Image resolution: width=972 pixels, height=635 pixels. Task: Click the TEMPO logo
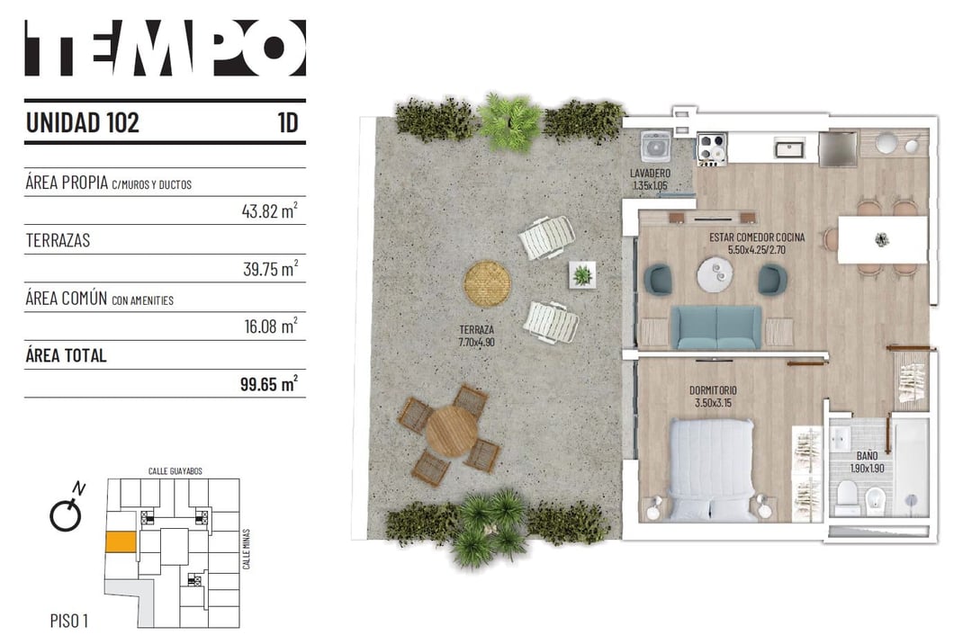click(165, 48)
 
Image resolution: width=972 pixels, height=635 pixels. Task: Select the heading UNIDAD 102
click(83, 122)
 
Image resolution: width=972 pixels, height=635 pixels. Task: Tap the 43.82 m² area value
click(270, 210)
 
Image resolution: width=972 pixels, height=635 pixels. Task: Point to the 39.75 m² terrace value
click(270, 268)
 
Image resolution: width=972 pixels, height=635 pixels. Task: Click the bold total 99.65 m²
click(269, 383)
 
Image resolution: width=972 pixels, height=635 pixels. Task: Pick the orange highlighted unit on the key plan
click(121, 541)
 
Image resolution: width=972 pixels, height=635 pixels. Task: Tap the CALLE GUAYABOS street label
click(175, 471)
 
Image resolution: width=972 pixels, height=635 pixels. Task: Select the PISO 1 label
click(68, 620)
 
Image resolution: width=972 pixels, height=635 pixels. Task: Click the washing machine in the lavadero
click(656, 147)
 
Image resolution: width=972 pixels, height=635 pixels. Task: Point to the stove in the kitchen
click(712, 148)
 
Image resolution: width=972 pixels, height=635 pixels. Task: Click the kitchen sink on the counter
click(789, 149)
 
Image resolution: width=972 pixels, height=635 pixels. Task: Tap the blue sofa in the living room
click(716, 327)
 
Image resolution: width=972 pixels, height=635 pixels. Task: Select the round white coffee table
click(715, 274)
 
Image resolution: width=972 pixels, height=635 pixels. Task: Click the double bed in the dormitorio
click(712, 470)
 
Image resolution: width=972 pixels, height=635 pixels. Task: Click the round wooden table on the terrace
click(452, 431)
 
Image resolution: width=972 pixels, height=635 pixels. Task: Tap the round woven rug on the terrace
click(487, 283)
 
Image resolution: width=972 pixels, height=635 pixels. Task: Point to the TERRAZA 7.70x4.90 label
click(476, 335)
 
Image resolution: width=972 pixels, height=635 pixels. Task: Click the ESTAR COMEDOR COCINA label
click(757, 243)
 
